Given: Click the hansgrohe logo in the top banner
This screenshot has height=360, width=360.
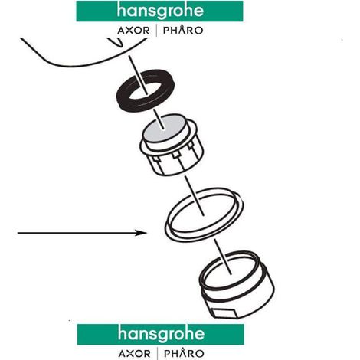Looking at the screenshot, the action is point(160,11).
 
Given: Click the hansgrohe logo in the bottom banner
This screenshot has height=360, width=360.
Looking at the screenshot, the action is point(161,334).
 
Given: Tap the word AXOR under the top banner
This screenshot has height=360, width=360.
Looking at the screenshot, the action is point(133,31).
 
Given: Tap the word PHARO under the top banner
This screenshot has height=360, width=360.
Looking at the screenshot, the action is point(183,30).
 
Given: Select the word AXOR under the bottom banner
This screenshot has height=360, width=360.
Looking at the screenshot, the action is point(135,354).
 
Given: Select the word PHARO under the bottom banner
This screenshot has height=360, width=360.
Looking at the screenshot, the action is point(184,353).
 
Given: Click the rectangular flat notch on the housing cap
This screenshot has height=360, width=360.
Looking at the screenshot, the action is point(224,313).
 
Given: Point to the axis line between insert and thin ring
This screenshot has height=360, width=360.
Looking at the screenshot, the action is point(194,196).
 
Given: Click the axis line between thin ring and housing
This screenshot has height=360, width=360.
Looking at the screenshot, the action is point(223,257).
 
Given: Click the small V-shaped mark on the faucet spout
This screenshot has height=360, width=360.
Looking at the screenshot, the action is point(116,42).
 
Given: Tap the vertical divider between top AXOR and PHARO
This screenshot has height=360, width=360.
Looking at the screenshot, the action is point(156,31).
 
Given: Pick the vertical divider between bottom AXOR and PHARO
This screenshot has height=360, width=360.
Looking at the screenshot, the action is point(157,354).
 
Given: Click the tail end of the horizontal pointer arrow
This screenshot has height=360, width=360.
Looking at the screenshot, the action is point(18,233).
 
